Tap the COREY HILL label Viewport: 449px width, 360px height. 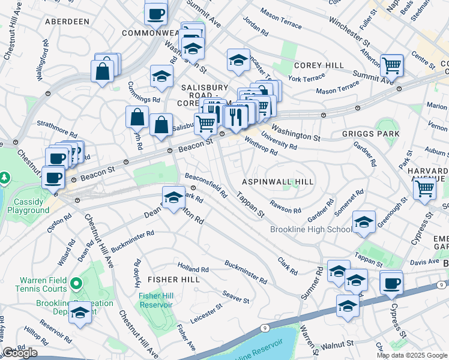tap(318, 65)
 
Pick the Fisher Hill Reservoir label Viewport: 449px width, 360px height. tap(155, 300)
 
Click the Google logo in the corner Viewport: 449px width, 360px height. tap(20, 352)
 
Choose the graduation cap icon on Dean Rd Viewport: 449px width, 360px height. tap(173, 197)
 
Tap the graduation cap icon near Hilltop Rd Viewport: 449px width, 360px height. tap(80, 312)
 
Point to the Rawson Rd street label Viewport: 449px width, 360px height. tap(285, 207)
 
